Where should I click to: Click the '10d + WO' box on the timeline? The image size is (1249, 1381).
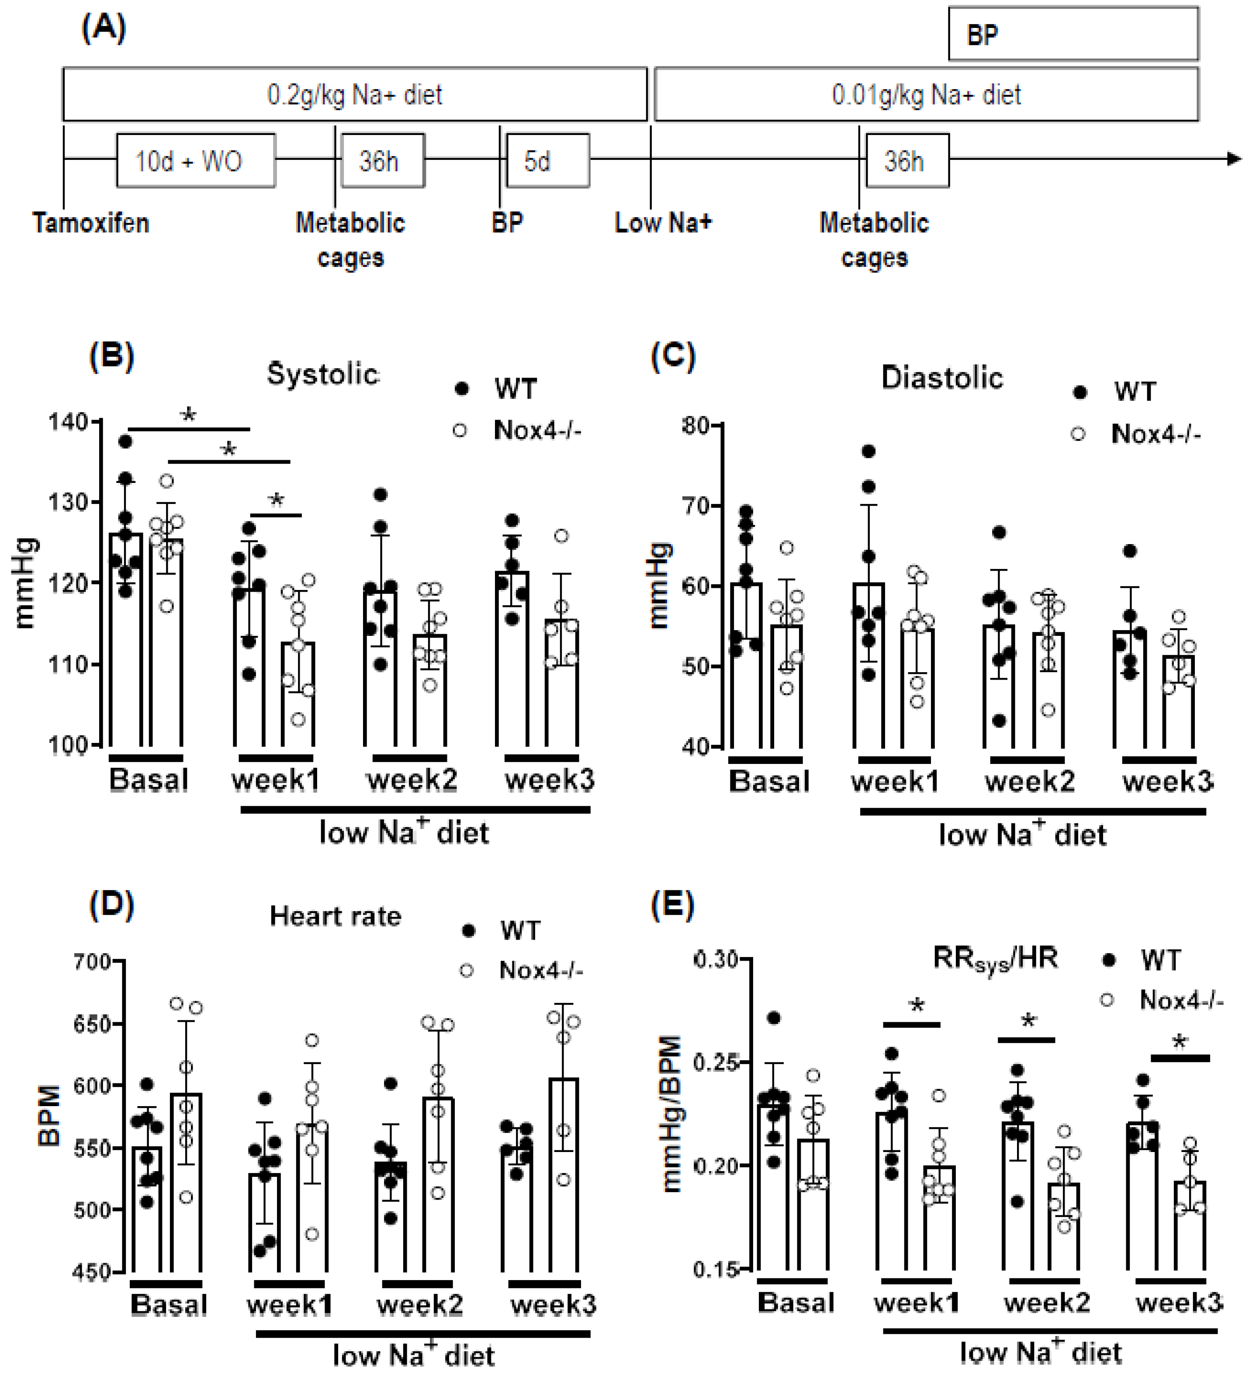(x=196, y=161)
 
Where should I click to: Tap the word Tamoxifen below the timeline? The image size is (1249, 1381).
(x=90, y=223)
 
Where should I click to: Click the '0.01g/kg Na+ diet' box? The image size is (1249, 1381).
(x=926, y=94)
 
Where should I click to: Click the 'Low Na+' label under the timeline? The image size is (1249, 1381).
(x=663, y=223)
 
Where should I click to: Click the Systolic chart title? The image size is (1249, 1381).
(x=322, y=374)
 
